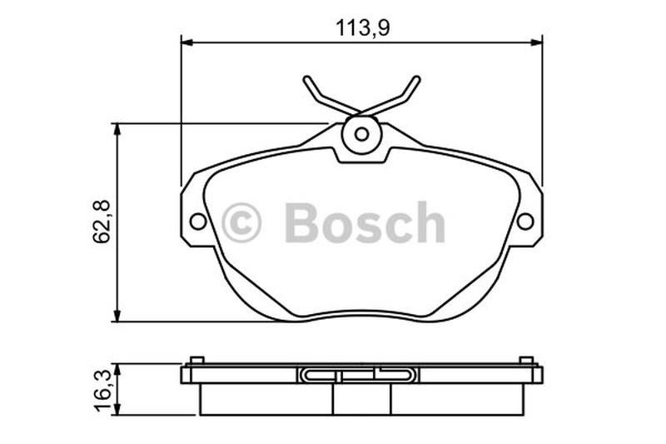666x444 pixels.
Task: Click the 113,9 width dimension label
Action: click(363, 28)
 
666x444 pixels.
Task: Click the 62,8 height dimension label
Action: click(102, 222)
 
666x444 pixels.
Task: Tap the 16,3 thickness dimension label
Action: click(102, 391)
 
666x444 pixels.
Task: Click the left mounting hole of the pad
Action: click(198, 222)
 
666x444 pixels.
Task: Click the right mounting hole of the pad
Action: click(525, 222)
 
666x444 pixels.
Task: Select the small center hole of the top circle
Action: click(362, 134)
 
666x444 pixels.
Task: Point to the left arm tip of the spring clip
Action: click(306, 79)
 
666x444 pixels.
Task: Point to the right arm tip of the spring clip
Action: click(417, 79)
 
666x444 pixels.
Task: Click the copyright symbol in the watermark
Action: click(241, 222)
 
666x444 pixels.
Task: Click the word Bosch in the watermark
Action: click(365, 222)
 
